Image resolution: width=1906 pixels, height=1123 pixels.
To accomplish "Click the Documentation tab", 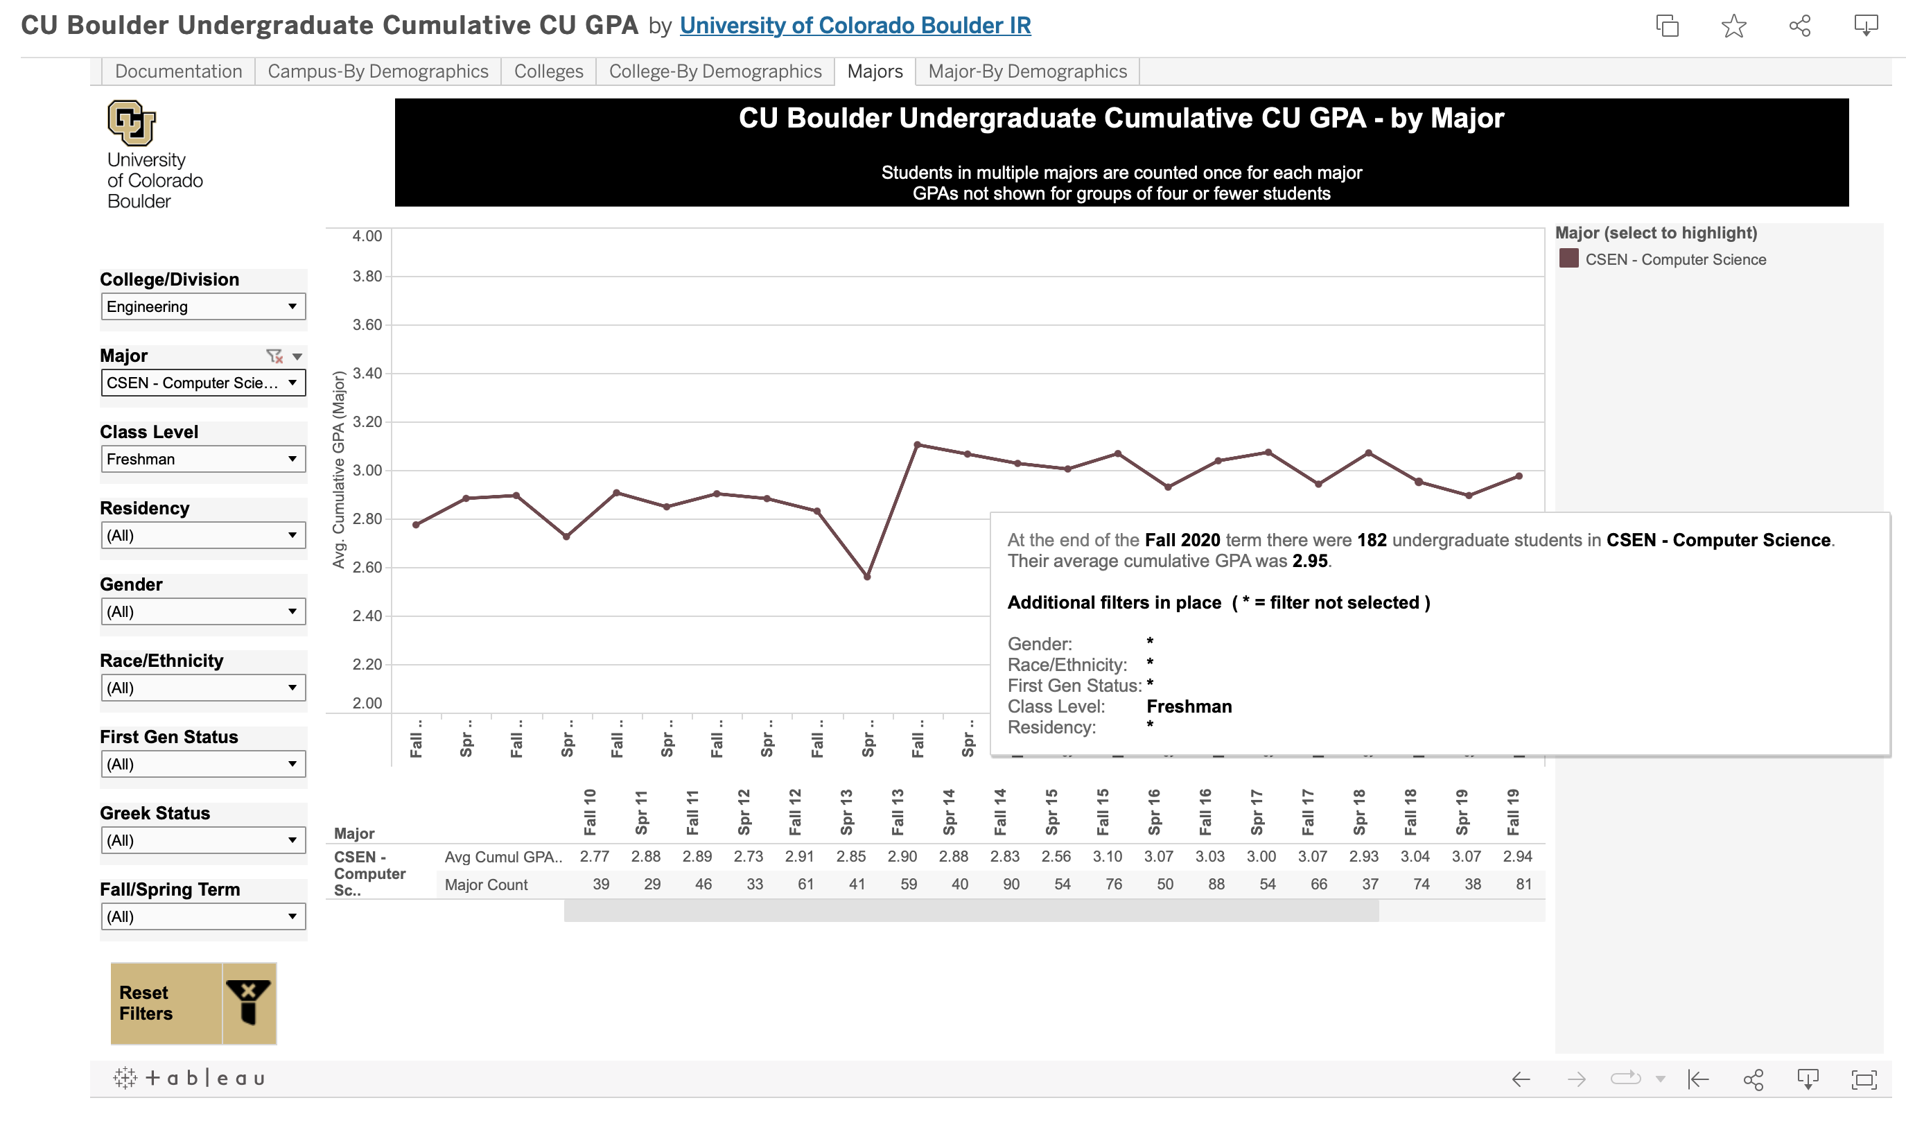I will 178,71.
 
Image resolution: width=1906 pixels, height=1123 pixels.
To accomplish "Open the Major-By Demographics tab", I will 1026,71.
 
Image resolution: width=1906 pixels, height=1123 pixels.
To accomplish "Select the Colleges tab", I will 548,71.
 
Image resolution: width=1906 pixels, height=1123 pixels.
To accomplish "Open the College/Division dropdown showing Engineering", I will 203,306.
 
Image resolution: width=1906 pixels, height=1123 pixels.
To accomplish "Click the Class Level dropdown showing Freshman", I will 203,460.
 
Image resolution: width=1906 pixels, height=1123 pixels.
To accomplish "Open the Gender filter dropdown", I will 203,611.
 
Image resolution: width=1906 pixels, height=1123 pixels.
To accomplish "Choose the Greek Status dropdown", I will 203,840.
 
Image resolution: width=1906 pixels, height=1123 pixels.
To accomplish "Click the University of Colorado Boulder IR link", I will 855,25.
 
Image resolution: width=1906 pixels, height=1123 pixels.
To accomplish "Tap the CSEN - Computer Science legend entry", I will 1675,259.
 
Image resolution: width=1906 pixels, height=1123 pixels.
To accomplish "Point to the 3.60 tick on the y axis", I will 367,324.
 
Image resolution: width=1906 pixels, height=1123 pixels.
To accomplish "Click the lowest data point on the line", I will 867,577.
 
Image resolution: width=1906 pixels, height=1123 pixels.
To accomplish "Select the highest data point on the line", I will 917,445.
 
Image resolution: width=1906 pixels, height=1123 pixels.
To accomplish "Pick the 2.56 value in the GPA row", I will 1056,856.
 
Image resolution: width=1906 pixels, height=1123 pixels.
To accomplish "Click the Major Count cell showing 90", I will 1011,884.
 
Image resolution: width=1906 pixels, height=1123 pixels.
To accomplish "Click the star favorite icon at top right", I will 1733,26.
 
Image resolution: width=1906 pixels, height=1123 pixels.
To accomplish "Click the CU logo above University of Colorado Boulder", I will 132,123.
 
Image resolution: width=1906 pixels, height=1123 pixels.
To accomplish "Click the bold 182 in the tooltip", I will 1371,540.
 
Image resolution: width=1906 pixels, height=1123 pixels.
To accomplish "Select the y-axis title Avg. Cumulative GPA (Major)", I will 338,469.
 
